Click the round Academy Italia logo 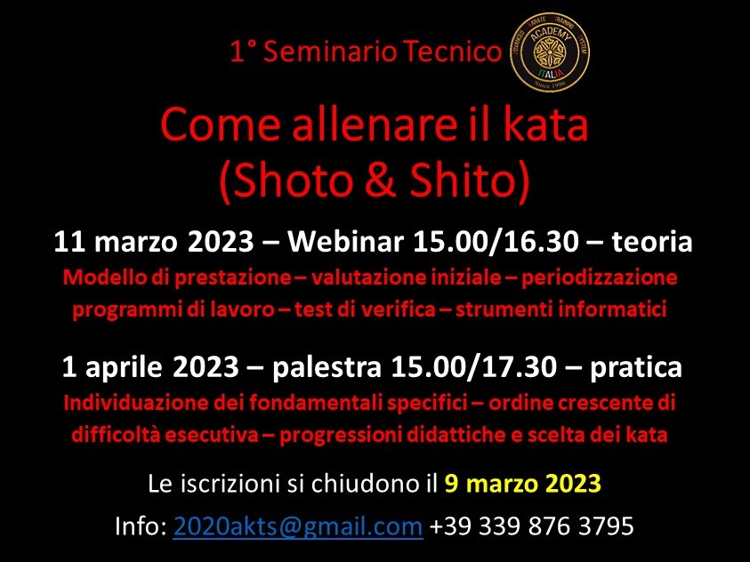tap(550, 52)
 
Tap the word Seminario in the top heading tap(330, 52)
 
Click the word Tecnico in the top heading tap(452, 52)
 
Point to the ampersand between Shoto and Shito tap(379, 180)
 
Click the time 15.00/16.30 tap(496, 241)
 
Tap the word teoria tap(651, 242)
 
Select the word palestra tap(327, 367)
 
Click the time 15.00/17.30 tap(474, 367)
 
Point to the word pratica tap(636, 367)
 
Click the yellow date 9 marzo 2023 tap(522, 483)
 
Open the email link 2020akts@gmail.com tap(297, 526)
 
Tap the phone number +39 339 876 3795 tap(531, 526)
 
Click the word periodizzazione tap(599, 278)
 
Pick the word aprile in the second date tap(124, 367)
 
